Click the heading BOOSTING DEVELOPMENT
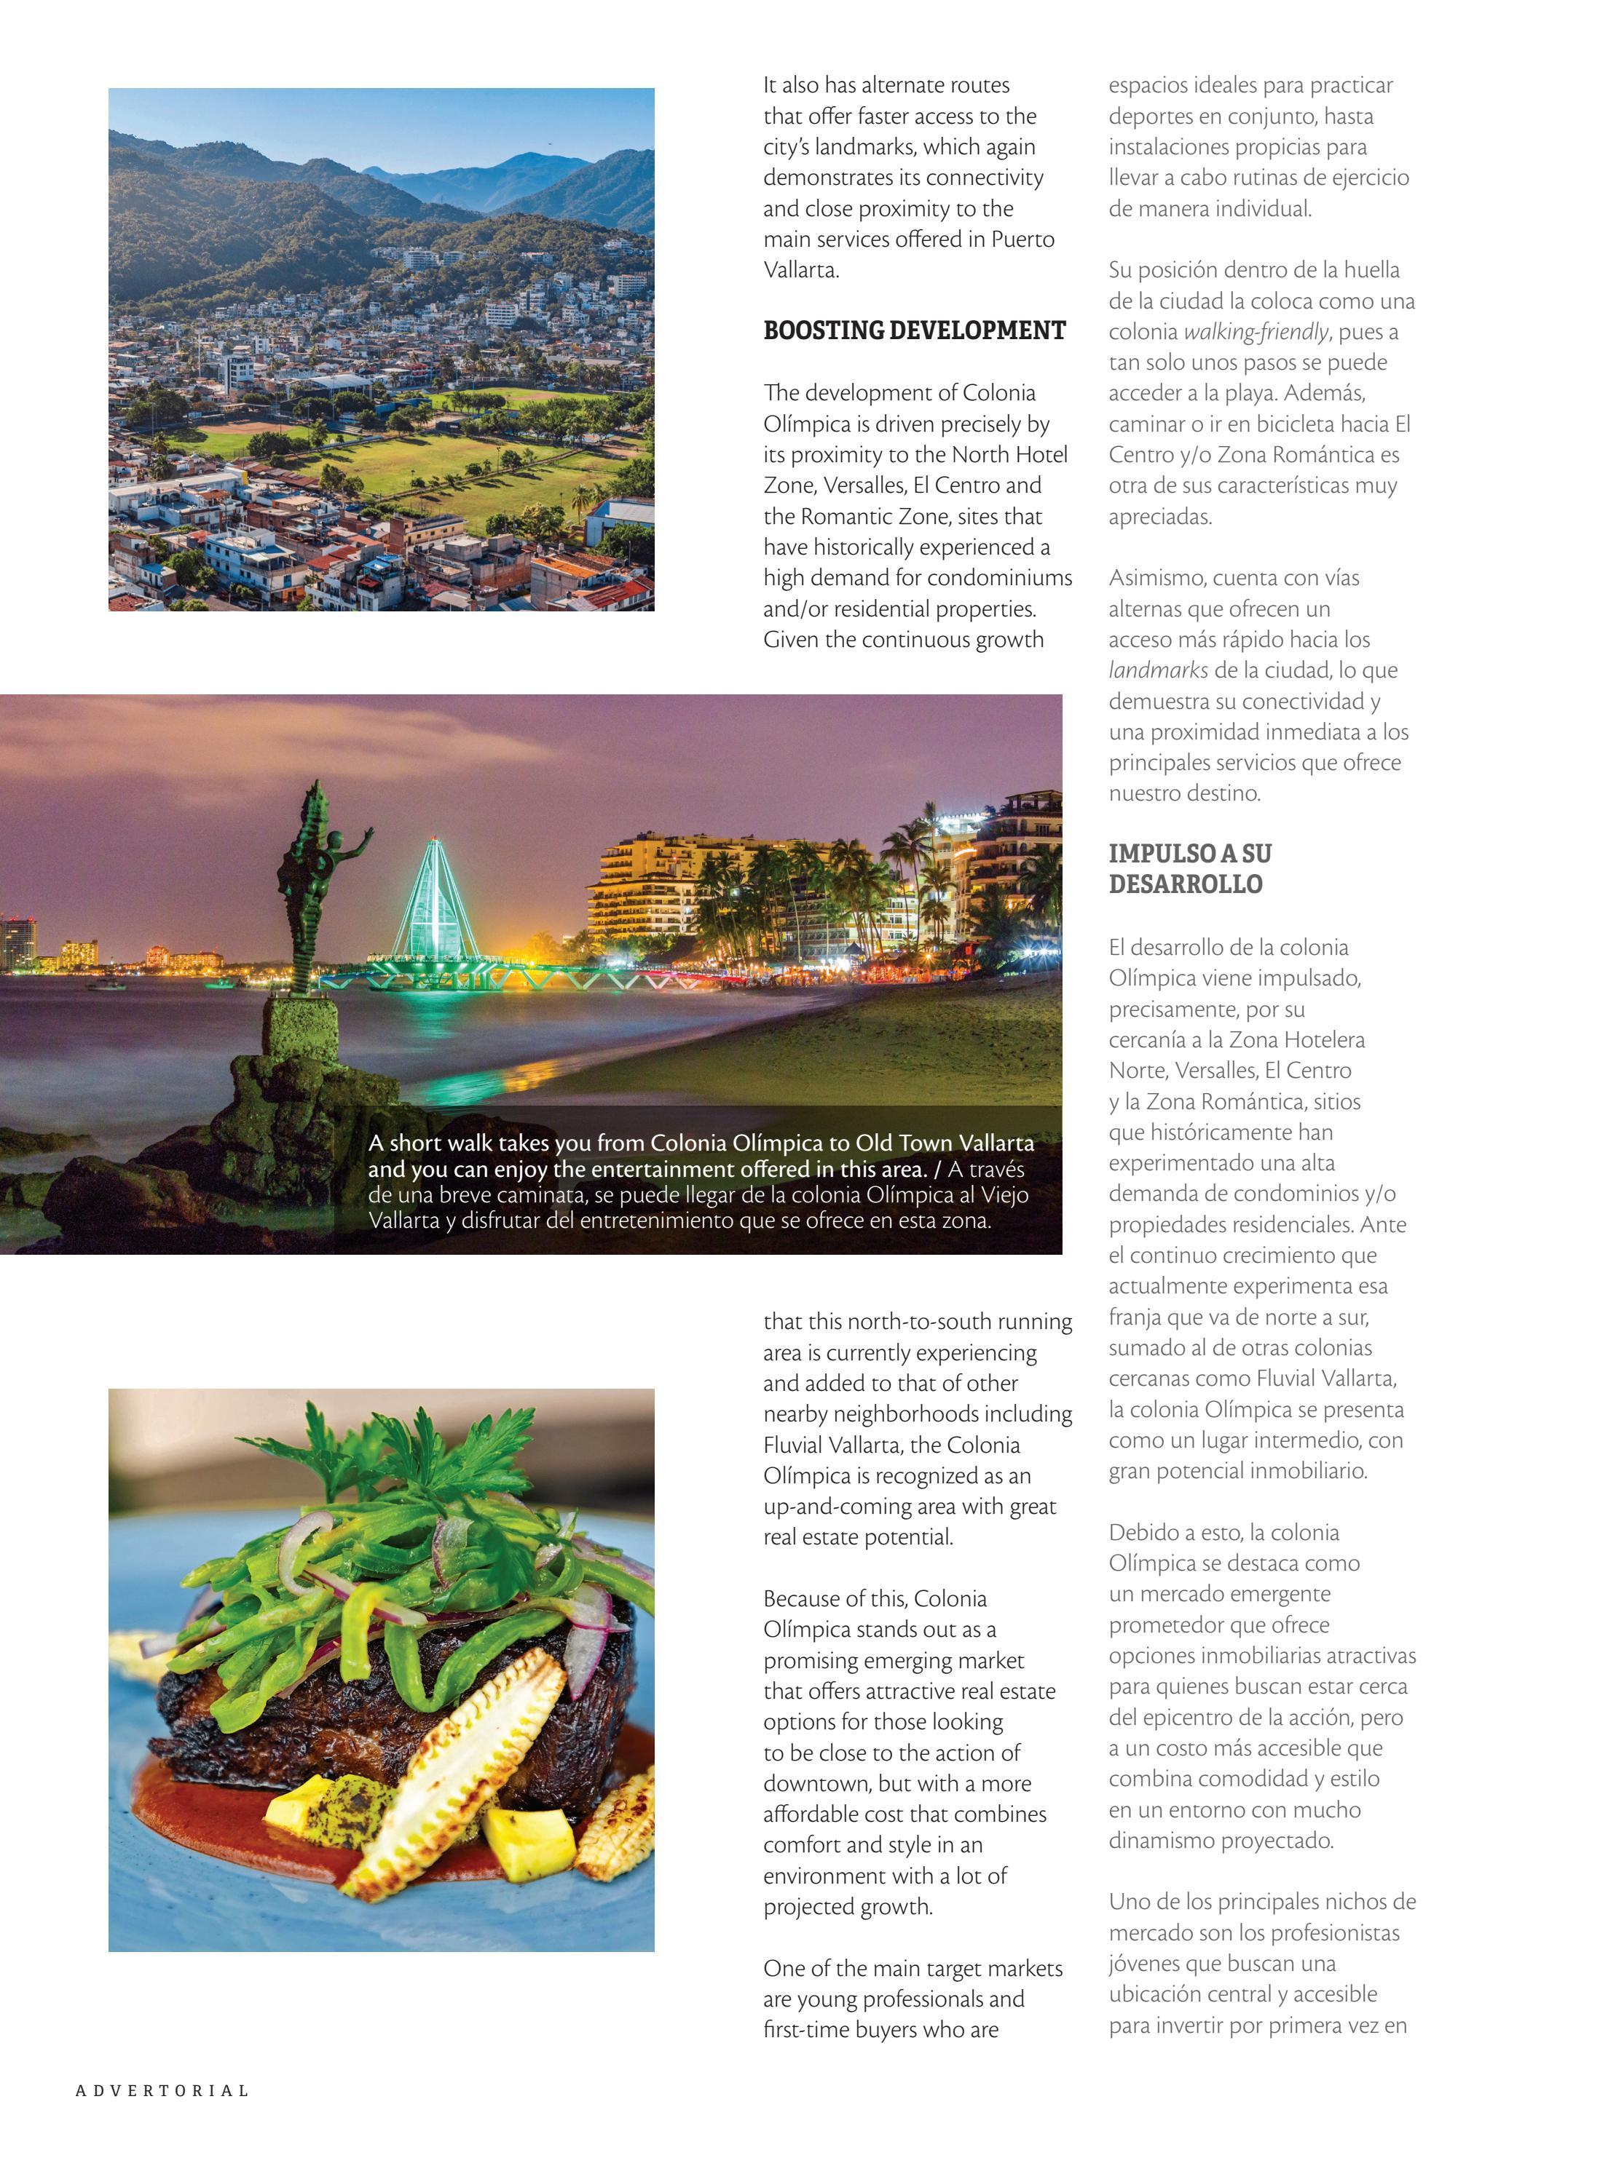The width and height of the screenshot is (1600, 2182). pos(913,331)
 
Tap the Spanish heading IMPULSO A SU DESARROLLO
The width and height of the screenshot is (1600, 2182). pos(1189,868)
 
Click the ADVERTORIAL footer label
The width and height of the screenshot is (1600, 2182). pos(162,2090)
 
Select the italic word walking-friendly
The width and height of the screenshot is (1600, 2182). pos(1256,332)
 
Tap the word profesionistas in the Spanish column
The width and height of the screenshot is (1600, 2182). pos(1336,1932)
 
